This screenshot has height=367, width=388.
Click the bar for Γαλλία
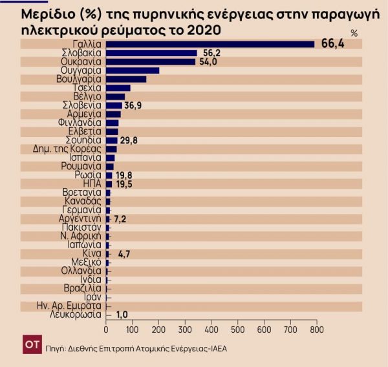[x=210, y=44]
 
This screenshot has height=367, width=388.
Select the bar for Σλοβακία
[x=151, y=53]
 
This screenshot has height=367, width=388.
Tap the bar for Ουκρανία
[x=150, y=62]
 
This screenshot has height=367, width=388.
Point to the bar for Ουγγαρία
[x=132, y=70]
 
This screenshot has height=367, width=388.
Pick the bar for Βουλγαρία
[x=125, y=79]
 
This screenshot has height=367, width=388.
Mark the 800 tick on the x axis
[x=316, y=331]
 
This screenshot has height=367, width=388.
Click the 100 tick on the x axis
[x=132, y=331]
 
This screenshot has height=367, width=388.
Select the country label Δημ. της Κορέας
[x=67, y=149]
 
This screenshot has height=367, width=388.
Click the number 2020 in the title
[x=199, y=30]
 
